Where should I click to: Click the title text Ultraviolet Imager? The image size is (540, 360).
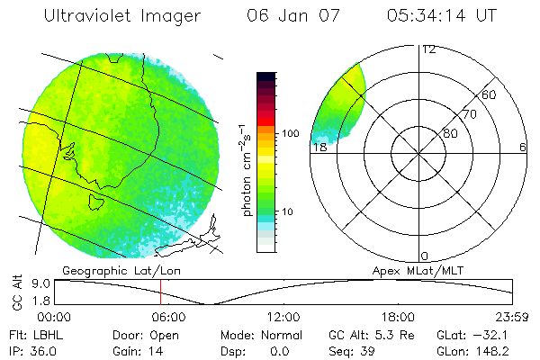[122, 15]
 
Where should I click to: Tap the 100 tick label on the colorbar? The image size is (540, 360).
[290, 133]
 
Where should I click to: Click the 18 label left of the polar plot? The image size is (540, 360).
[319, 148]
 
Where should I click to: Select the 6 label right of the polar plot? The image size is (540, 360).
[523, 148]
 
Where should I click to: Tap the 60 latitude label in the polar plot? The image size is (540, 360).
[490, 94]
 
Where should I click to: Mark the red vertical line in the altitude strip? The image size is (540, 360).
[160, 292]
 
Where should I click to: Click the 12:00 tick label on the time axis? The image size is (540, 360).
[284, 316]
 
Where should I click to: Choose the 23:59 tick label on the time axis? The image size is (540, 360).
[512, 316]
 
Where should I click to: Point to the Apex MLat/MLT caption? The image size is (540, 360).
[414, 270]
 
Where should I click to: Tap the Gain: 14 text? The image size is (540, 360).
[133, 349]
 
